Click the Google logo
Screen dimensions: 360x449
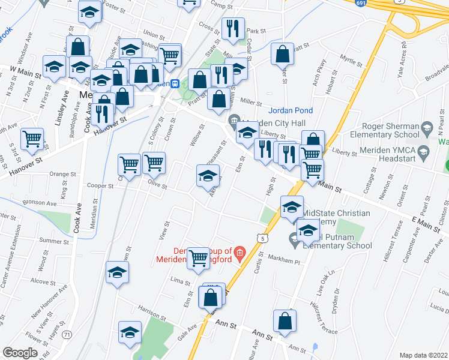pos(20,353)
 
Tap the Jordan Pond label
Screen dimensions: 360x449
pos(288,110)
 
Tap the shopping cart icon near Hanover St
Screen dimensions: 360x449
pos(32,139)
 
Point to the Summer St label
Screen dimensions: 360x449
pos(50,240)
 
